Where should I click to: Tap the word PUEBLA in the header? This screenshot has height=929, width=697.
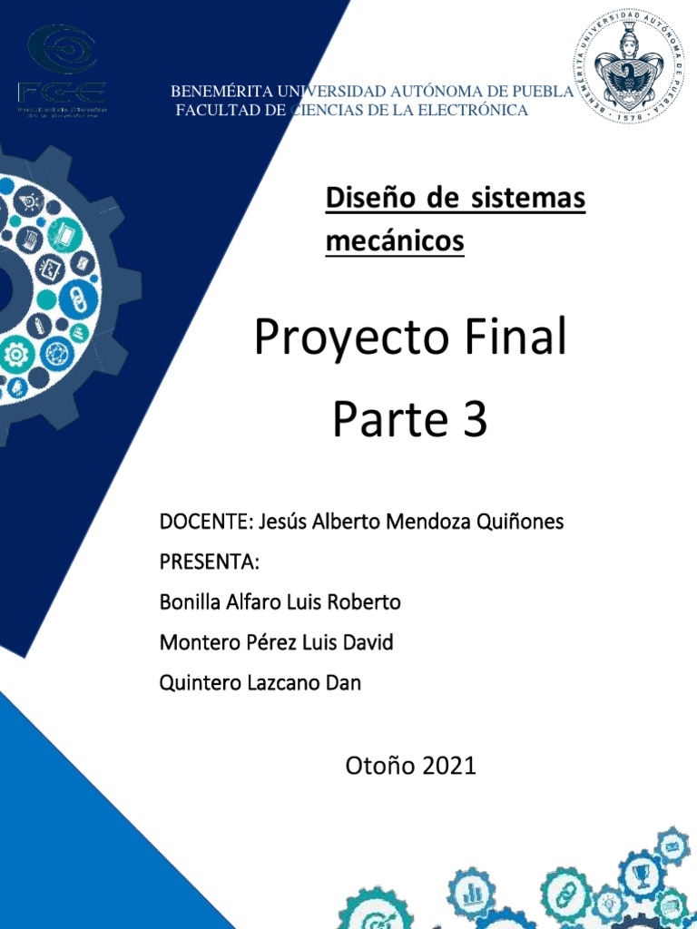tap(547, 92)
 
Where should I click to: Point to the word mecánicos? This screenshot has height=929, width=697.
tap(395, 242)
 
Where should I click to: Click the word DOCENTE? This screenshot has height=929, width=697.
tap(205, 523)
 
